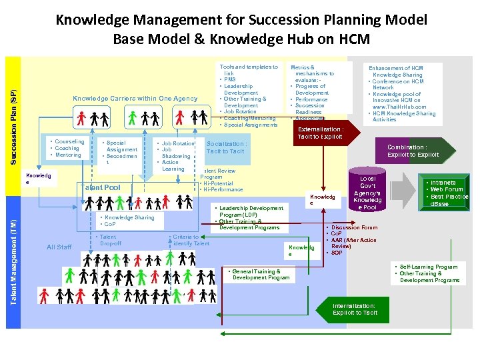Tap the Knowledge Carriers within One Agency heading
coord(135,99)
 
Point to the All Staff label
coord(59,247)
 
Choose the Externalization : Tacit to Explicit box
coord(320,133)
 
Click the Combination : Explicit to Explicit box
coord(413,151)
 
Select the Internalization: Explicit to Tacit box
coord(354,309)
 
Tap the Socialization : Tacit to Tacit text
coord(225,147)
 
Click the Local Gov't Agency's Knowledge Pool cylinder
coord(367,193)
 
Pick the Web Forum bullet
coord(447,189)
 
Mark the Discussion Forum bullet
coord(354,227)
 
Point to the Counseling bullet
coord(69,141)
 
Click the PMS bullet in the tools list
coord(229,79)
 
